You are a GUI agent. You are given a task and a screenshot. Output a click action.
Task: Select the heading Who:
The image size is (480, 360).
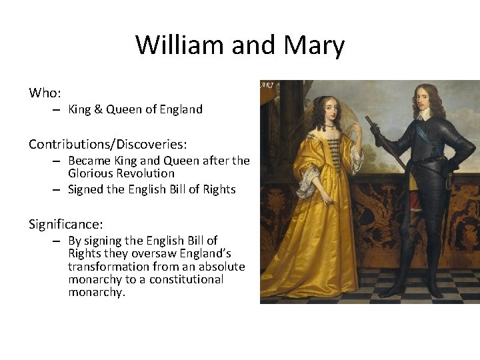pyautogui.click(x=45, y=92)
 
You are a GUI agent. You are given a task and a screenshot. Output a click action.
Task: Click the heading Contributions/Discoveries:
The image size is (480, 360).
pyautogui.click(x=107, y=143)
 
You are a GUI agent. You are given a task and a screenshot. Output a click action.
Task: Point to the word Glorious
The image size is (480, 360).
pyautogui.click(x=89, y=173)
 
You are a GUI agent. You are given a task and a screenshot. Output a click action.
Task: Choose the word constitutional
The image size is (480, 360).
pyautogui.click(x=186, y=279)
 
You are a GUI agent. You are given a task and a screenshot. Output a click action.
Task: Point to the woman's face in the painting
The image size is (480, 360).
pyautogui.click(x=329, y=111)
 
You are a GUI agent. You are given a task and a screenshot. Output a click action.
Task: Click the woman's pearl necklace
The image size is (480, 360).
pyautogui.click(x=329, y=125)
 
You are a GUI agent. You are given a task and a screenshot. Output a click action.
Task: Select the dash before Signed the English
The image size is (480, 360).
pyautogui.click(x=57, y=189)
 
